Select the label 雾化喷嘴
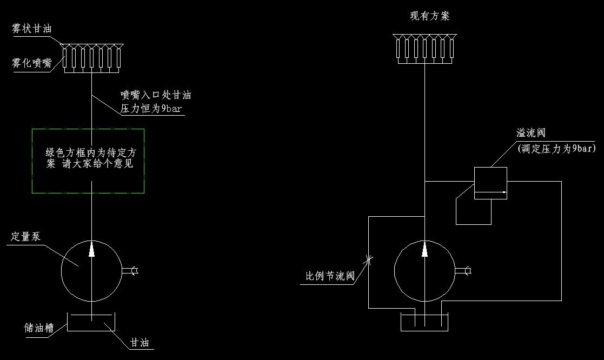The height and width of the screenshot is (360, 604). coord(32,63)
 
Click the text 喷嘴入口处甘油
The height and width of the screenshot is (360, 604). coord(156,95)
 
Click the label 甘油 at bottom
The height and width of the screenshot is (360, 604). coord(139,343)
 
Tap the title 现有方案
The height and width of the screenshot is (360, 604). coord(430,16)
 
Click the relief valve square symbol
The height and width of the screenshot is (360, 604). coord(490,183)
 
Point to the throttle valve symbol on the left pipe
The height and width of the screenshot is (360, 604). coord(369,260)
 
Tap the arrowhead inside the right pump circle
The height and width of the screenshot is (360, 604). coord(425,249)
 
